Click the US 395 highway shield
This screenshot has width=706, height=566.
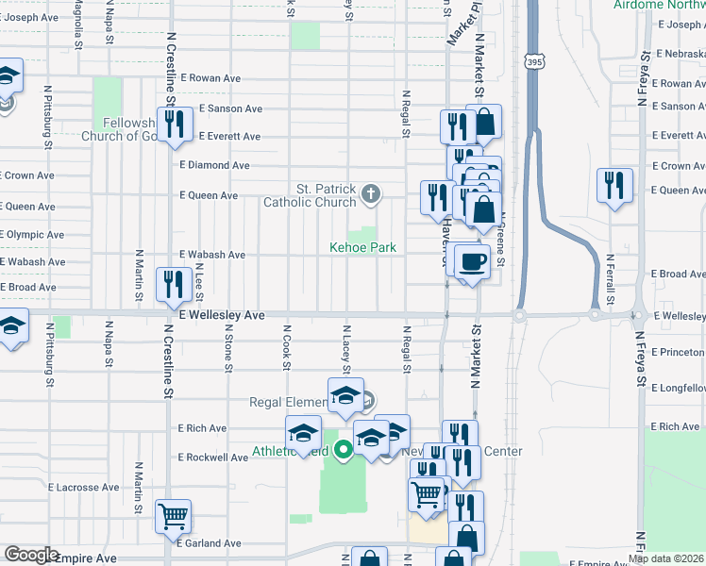coord(534,61)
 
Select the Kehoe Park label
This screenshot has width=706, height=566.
coord(362,248)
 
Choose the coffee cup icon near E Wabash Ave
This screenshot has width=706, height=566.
coord(471,261)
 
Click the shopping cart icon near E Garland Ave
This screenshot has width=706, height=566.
coord(174,517)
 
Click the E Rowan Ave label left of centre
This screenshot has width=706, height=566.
coord(213,78)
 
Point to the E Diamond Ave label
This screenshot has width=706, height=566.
coord(214,165)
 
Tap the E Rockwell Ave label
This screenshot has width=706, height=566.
coord(213,458)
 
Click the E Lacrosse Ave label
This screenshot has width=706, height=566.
coord(83,488)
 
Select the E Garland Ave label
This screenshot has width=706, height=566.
coord(209,543)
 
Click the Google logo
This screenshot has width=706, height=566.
coord(31,555)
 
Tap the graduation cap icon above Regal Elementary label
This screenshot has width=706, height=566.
coord(345,395)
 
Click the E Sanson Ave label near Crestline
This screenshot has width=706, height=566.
coord(230,108)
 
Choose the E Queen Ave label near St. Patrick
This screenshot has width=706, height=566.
coord(209,196)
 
